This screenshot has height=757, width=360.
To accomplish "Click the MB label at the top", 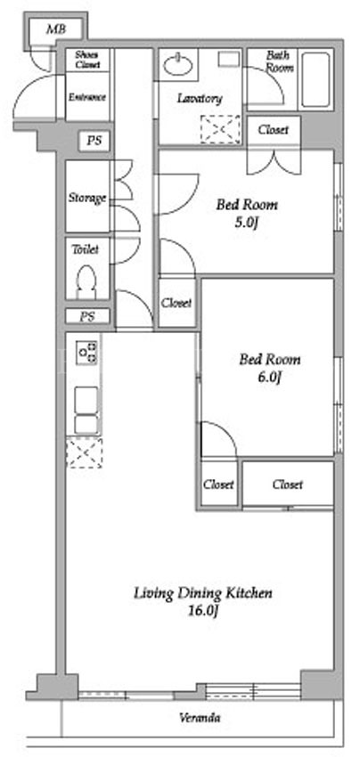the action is click(x=55, y=30).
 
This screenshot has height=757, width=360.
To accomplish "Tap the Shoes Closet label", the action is click(x=87, y=60).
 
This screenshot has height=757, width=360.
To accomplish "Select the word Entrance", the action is click(x=87, y=97).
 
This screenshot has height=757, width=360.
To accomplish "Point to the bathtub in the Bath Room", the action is click(x=315, y=79).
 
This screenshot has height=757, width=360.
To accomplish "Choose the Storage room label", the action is click(x=87, y=198).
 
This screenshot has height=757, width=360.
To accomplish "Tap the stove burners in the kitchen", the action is click(x=87, y=353).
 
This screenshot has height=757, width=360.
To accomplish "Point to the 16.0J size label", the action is click(x=203, y=611).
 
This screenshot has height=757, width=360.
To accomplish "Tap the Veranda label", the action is click(x=200, y=718).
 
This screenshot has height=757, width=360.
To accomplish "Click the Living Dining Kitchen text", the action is click(x=203, y=593).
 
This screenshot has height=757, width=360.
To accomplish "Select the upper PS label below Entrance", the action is click(x=94, y=142).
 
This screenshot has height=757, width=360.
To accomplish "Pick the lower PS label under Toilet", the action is click(x=87, y=317).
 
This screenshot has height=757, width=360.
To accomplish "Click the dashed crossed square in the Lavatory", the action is click(x=220, y=129).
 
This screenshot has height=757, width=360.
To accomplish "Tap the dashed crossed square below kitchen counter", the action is click(x=84, y=452).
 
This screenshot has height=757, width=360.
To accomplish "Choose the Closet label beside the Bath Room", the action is click(x=273, y=130).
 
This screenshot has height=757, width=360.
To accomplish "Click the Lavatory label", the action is click(x=200, y=99).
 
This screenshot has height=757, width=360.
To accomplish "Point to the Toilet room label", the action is click(x=85, y=249).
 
